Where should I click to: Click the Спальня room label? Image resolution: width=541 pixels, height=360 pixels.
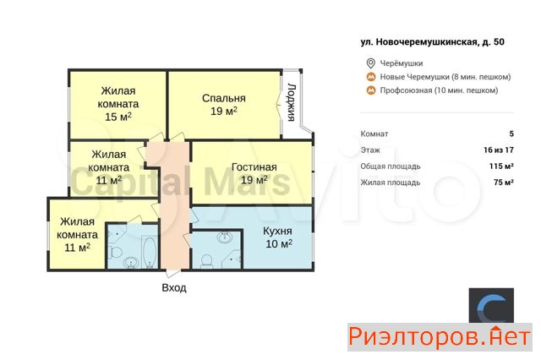(x=223, y=98)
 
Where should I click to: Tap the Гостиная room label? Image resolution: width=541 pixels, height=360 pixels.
(x=254, y=166)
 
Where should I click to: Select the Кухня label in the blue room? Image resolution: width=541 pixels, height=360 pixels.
(x=277, y=231)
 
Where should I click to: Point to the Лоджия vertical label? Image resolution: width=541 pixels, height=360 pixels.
(x=292, y=102)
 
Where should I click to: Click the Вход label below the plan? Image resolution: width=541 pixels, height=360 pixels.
(x=174, y=287)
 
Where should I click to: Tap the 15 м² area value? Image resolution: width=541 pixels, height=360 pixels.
(x=118, y=117)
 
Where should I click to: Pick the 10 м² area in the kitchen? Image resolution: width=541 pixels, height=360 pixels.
(x=279, y=243)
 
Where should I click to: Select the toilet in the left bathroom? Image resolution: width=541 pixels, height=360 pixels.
(x=114, y=252)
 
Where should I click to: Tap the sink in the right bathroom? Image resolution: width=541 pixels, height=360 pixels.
(x=225, y=237)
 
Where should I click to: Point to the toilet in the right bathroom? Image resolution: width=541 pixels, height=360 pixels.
(x=206, y=260)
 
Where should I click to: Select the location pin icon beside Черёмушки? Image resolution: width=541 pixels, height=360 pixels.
(x=370, y=63)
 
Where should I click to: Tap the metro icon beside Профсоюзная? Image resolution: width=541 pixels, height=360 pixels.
(x=371, y=90)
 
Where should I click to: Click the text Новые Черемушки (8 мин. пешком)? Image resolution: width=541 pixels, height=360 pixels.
(x=445, y=77)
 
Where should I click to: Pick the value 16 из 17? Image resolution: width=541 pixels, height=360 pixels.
(x=499, y=150)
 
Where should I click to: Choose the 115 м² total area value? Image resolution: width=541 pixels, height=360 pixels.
(x=501, y=166)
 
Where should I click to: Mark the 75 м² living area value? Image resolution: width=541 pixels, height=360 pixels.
(x=504, y=182)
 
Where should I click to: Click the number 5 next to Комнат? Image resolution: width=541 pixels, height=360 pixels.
(x=511, y=134)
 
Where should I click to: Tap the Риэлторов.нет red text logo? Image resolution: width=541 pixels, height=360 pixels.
(x=440, y=337)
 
